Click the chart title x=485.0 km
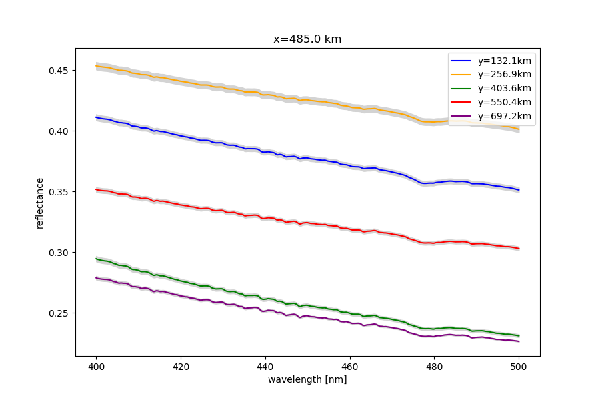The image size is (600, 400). coord(307,39)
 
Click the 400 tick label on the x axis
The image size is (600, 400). coord(97,367)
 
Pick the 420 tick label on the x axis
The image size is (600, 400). coord(181,367)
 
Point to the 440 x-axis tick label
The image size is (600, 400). coord(265,367)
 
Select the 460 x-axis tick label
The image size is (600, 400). coord(350,367)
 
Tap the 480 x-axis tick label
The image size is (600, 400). coord(435,367)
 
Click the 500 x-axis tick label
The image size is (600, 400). coord(519,367)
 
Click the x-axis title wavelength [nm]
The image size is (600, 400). coord(307,379)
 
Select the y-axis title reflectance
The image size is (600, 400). coord(39,203)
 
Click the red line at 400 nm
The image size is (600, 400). coord(97,189)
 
